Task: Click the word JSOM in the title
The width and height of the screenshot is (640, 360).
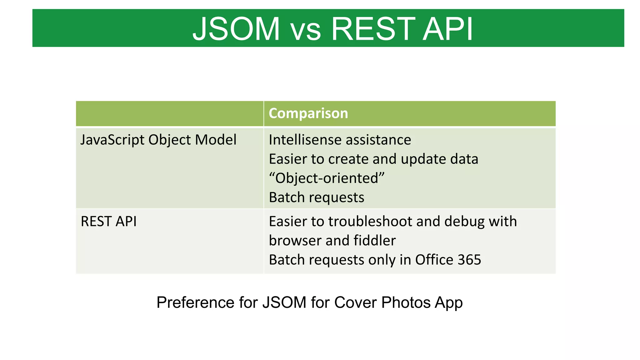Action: click(236, 29)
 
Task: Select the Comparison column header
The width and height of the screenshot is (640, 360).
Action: click(308, 113)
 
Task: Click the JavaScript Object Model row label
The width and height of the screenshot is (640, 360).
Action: click(158, 140)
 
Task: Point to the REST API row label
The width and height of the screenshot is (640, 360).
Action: click(108, 222)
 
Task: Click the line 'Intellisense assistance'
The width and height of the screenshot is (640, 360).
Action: click(340, 140)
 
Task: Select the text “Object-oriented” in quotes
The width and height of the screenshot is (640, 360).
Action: click(327, 178)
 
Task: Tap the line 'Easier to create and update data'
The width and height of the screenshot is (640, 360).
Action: click(373, 159)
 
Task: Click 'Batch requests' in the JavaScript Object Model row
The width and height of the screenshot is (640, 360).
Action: click(316, 197)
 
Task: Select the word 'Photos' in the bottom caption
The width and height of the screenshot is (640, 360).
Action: click(406, 302)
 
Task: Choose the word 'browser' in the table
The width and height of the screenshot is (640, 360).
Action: click(295, 241)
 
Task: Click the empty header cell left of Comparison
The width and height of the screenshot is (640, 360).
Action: click(170, 113)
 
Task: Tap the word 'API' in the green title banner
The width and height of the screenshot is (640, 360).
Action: click(447, 29)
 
